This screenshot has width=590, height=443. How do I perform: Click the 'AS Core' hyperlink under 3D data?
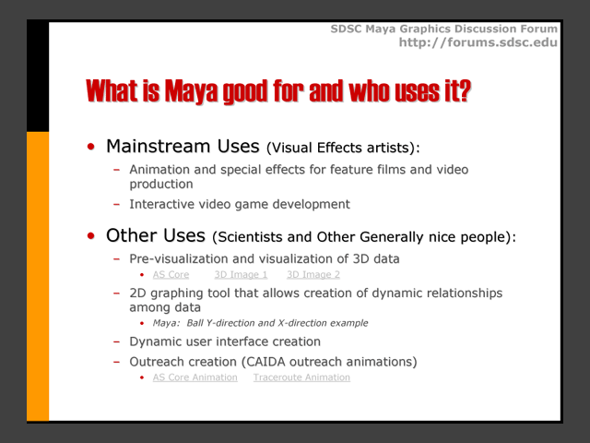point(171,275)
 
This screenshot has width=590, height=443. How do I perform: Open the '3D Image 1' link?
point(241,275)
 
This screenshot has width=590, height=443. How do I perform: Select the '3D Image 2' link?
point(313,275)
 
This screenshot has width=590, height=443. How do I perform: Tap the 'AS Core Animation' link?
point(195,377)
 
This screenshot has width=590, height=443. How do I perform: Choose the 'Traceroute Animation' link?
point(301,377)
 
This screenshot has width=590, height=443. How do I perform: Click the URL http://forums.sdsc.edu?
point(478,42)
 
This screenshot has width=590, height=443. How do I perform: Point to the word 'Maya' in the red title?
point(191,90)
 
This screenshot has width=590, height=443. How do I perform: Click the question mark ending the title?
point(465,90)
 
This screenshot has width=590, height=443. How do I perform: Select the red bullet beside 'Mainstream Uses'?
point(90,147)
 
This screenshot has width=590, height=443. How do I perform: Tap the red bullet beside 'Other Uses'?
point(90,236)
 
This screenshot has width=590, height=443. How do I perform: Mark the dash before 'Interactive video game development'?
point(117,205)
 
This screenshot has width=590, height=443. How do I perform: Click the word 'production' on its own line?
point(161,185)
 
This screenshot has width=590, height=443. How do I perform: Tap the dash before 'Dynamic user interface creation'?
point(117,342)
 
